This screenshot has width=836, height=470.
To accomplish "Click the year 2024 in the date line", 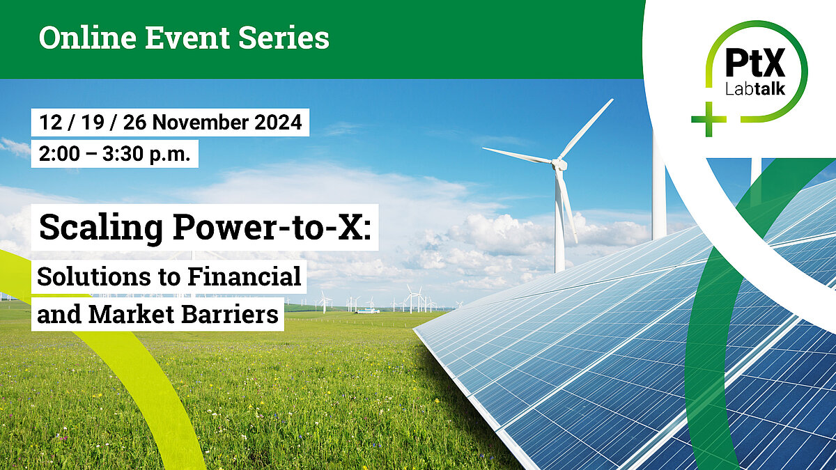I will [278, 123].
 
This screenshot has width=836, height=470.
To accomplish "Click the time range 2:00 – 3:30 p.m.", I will [115, 154].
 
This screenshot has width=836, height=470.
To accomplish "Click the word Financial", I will [247, 276].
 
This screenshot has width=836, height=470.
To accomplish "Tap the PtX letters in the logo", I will [754, 65].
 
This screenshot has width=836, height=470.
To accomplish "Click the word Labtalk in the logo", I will [754, 90].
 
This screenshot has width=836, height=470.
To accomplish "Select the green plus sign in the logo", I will [708, 119].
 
